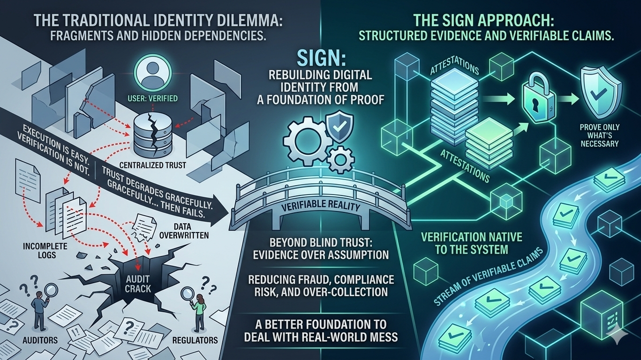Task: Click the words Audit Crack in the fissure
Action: coord(138,283)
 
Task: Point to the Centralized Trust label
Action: coord(146,165)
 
